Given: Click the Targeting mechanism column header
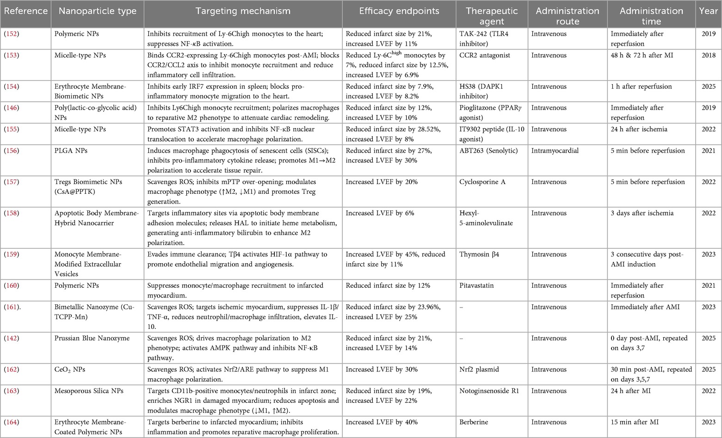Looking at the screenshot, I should pos(243,11).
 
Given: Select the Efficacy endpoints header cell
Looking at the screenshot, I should pos(399,11).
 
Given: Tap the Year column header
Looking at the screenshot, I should pos(708,11).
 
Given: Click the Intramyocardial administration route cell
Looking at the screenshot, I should pos(555,150).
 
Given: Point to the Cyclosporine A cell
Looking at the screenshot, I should pos(482,182).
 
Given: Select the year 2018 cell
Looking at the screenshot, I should pos(708,55).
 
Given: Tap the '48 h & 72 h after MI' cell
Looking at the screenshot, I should pos(642,55).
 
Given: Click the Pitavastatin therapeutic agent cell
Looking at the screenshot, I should pos(476,285).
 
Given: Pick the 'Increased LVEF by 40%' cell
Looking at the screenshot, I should pos(382,422).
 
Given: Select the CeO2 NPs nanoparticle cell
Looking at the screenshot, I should pos(70,370).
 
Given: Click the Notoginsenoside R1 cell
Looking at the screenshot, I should pos(489,391).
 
